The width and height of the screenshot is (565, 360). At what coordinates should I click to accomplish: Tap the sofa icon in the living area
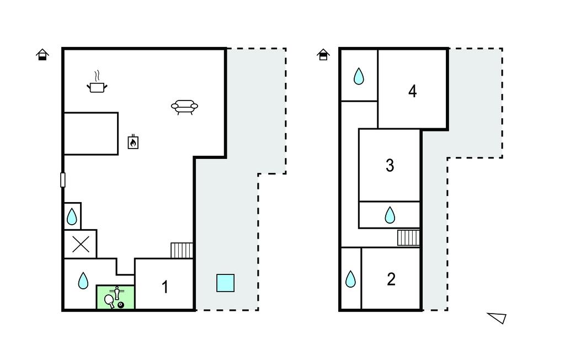pos(184,107)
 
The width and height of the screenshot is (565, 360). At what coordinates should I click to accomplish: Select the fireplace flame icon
pos(133,141)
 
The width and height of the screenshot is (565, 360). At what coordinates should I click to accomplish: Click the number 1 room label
pos(165,287)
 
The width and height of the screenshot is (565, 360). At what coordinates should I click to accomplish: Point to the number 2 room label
pos(391,279)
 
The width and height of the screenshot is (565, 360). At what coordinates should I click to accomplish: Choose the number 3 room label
pos(390,165)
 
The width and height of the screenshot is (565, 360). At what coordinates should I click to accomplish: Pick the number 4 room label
pos(413,91)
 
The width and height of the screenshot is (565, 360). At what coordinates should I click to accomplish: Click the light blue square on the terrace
pos(225,283)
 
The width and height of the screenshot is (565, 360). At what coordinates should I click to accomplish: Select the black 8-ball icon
pos(121,305)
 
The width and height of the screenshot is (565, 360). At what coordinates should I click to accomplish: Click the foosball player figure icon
pos(117,293)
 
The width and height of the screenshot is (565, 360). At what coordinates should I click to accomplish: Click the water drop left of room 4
pos(359,76)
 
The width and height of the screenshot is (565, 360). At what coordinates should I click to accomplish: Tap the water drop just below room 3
pos(390,215)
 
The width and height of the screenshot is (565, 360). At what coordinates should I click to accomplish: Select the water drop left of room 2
pos(350,279)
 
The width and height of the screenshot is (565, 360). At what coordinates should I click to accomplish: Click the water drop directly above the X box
pos(72,217)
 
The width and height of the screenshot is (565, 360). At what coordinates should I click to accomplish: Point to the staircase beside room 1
pos(182,250)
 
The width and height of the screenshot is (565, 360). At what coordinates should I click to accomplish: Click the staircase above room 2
pos(409,238)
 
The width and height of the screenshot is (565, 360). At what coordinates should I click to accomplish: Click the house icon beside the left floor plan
pos(42,55)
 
